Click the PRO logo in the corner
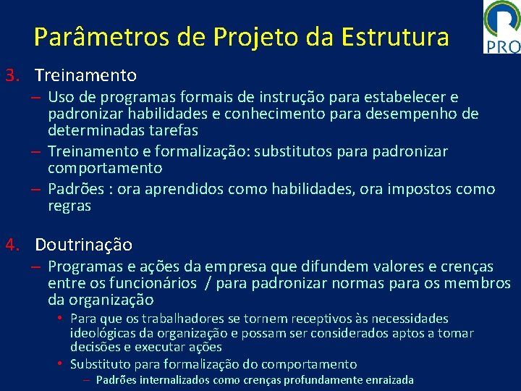[501, 27]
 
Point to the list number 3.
[11, 75]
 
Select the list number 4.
[11, 244]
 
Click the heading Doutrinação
[83, 244]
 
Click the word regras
[69, 206]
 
